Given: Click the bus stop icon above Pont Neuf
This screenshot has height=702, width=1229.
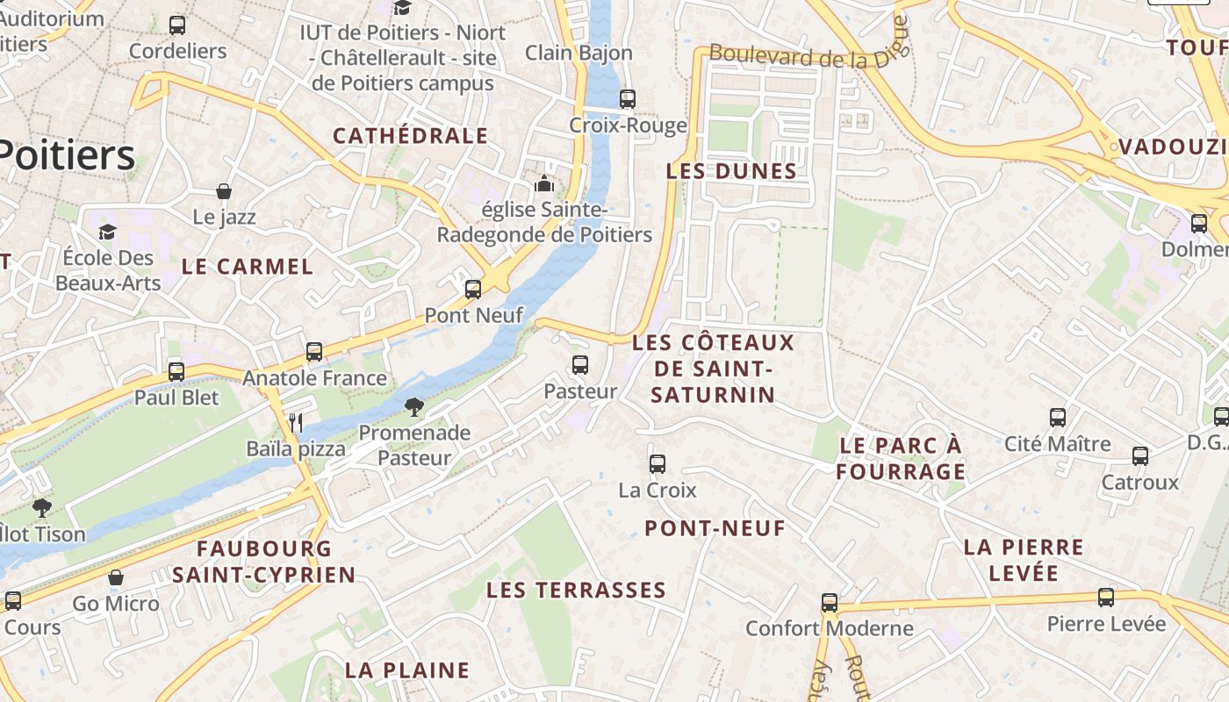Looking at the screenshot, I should (x=473, y=289).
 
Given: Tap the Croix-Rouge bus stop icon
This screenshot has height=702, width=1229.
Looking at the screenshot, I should (x=627, y=99).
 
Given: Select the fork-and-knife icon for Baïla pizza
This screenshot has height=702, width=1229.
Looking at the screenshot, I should (x=296, y=423).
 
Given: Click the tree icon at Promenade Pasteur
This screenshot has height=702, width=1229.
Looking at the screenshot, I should (x=413, y=407).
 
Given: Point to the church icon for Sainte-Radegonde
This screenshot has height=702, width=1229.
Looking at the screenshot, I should (x=544, y=184).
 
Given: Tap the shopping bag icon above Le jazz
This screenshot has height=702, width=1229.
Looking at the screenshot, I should (x=224, y=191).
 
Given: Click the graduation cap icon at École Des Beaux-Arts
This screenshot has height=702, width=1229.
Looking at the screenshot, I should (x=107, y=232).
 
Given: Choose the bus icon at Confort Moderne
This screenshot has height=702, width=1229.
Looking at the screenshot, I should (x=830, y=603).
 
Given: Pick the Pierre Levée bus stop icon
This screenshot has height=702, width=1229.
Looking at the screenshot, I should (x=1106, y=598).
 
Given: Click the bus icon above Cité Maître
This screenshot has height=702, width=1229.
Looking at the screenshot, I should (x=1058, y=418).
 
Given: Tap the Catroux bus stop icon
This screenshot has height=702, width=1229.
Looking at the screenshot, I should (x=1140, y=456).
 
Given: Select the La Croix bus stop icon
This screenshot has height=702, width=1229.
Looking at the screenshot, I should (x=658, y=464).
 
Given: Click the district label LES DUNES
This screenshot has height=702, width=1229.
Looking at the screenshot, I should (x=731, y=171).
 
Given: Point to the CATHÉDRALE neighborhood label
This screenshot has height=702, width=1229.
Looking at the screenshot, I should (x=410, y=136).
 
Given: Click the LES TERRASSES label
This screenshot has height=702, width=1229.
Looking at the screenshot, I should (x=576, y=590).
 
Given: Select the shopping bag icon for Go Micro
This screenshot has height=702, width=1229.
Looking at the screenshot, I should (x=115, y=577).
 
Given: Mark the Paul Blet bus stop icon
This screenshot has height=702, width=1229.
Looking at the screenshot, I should (x=176, y=371).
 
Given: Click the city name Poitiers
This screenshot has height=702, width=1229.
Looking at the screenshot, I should (x=66, y=156).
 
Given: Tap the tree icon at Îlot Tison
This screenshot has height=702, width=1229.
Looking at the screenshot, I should (x=41, y=507).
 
